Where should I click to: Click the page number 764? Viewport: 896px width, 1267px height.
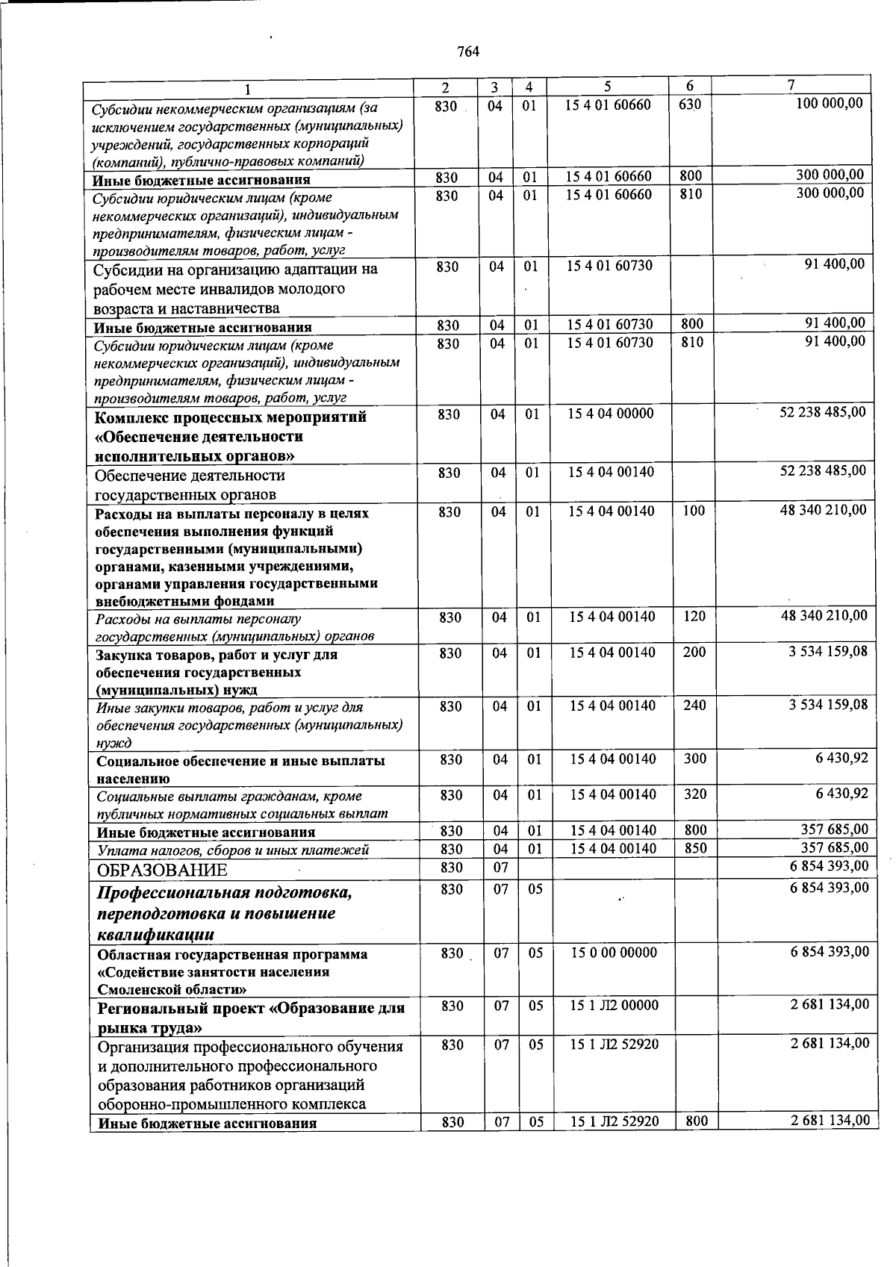(x=467, y=51)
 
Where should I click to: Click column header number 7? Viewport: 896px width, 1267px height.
(x=791, y=84)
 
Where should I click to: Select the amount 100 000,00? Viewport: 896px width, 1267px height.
(x=830, y=103)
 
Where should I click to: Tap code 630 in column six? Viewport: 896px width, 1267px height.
(x=690, y=105)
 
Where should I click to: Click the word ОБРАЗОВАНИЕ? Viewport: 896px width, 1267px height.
(x=162, y=871)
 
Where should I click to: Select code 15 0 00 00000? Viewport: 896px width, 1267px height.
(x=614, y=953)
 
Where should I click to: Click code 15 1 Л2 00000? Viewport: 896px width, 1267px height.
(x=614, y=1006)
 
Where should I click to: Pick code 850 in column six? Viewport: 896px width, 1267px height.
(x=694, y=849)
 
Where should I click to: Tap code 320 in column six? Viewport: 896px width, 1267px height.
(x=694, y=794)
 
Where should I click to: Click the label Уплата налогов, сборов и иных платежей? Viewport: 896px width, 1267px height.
(x=233, y=850)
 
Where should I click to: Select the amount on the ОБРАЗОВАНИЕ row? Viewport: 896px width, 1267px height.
(x=830, y=867)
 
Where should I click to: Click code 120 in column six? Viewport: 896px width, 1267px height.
(x=694, y=617)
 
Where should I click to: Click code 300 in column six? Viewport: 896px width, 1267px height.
(x=694, y=759)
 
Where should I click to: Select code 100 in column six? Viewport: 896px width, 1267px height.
(x=694, y=511)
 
